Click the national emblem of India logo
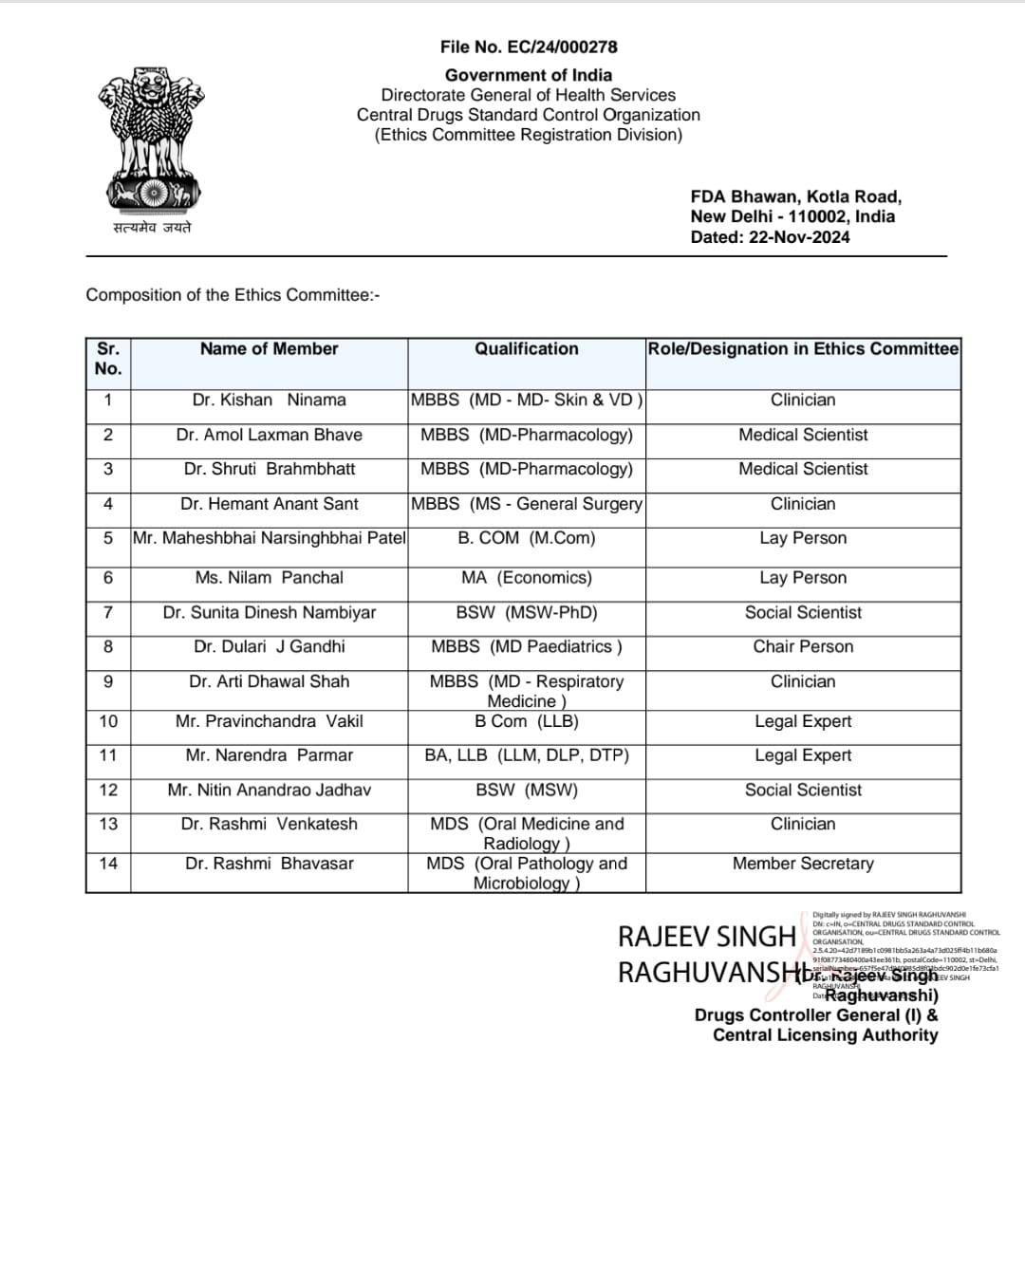pyautogui.click(x=152, y=140)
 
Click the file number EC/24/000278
pyautogui.click(x=529, y=47)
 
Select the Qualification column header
pyautogui.click(x=527, y=349)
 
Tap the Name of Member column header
pyautogui.click(x=269, y=349)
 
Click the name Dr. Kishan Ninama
pyautogui.click(x=269, y=400)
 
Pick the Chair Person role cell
pyautogui.click(x=803, y=647)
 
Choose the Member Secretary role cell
pyautogui.click(x=803, y=864)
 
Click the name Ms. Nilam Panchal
pyautogui.click(x=269, y=578)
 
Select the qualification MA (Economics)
pyautogui.click(x=527, y=578)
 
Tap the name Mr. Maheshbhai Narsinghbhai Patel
pyautogui.click(x=269, y=538)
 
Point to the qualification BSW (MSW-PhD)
pyautogui.click(x=527, y=613)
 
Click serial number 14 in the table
pyautogui.click(x=108, y=864)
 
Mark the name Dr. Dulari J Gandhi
pyautogui.click(x=269, y=647)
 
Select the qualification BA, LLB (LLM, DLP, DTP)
pyautogui.click(x=527, y=755)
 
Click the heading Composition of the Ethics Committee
pyautogui.click(x=233, y=295)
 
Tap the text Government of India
pyautogui.click(x=529, y=75)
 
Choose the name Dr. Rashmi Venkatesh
pyautogui.click(x=269, y=824)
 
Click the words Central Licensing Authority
pyautogui.click(x=825, y=1035)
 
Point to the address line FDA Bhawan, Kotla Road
pyautogui.click(x=795, y=196)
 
